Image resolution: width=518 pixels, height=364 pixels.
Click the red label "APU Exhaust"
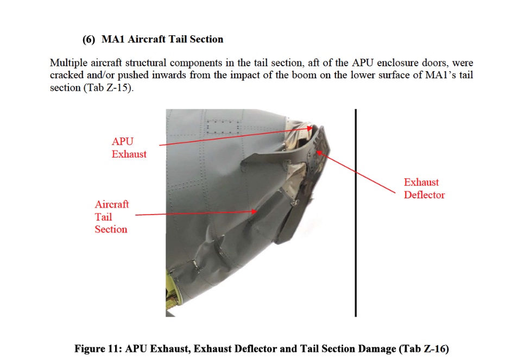tap(129, 147)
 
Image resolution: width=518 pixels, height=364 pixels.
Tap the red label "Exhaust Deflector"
tap(424, 189)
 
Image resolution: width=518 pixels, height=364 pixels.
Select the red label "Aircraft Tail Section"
tap(111, 217)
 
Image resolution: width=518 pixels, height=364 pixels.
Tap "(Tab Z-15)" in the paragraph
tap(108, 88)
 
